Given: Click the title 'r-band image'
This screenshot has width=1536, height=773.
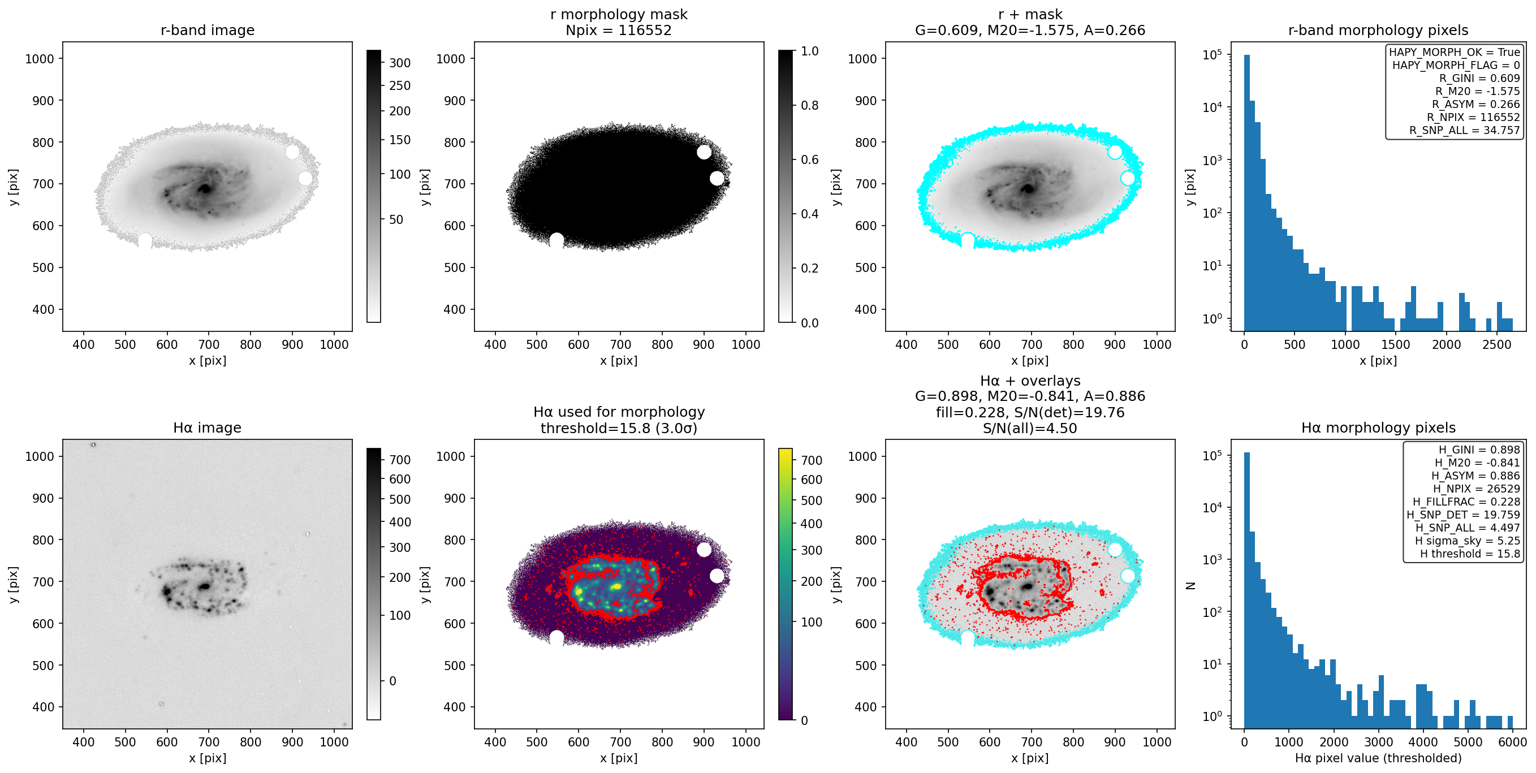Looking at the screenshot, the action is pyautogui.click(x=208, y=30).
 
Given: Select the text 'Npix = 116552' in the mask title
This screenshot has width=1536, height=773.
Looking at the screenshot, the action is pyautogui.click(x=618, y=30).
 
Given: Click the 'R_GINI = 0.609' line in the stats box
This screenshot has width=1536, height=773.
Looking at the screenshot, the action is pyautogui.click(x=1479, y=78).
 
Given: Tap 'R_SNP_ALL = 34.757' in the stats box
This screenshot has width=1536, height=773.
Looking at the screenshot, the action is pyautogui.click(x=1464, y=130).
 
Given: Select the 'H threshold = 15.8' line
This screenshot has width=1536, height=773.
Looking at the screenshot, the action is pyautogui.click(x=1470, y=554).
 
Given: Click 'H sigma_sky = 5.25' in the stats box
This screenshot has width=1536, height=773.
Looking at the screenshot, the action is pyautogui.click(x=1468, y=541).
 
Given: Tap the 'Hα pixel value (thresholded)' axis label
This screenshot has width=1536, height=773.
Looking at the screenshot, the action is pyautogui.click(x=1378, y=758).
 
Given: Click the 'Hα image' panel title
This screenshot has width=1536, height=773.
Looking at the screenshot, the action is pyautogui.click(x=207, y=427).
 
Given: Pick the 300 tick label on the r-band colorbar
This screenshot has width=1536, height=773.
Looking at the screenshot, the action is pyautogui.click(x=399, y=63).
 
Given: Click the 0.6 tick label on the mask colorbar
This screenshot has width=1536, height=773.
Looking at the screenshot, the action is pyautogui.click(x=809, y=159).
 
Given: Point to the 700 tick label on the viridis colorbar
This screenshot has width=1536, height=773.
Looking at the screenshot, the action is pyautogui.click(x=811, y=460).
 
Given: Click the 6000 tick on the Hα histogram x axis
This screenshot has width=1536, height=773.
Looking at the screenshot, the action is pyautogui.click(x=1512, y=742).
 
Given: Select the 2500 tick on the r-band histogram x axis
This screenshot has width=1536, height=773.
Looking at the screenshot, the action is pyautogui.click(x=1496, y=344).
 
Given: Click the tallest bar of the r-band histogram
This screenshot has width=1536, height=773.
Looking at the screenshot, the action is pyautogui.click(x=1247, y=193).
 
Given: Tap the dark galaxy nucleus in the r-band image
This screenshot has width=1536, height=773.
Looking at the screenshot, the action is pyautogui.click(x=205, y=189).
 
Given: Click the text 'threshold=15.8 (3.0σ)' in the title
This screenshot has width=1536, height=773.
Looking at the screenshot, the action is pyautogui.click(x=618, y=428).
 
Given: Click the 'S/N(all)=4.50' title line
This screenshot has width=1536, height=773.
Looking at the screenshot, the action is pyautogui.click(x=1030, y=428).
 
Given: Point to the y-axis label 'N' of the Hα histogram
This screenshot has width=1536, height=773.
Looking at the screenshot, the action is pyautogui.click(x=1191, y=585).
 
